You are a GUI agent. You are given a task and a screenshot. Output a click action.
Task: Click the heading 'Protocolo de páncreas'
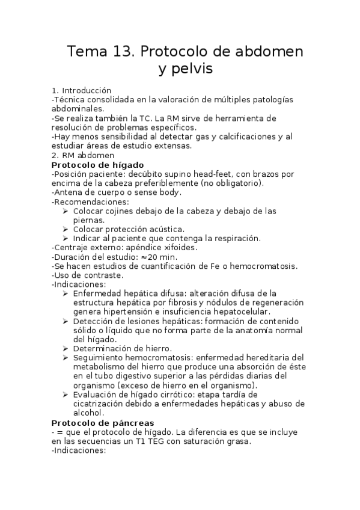coord(103,423)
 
